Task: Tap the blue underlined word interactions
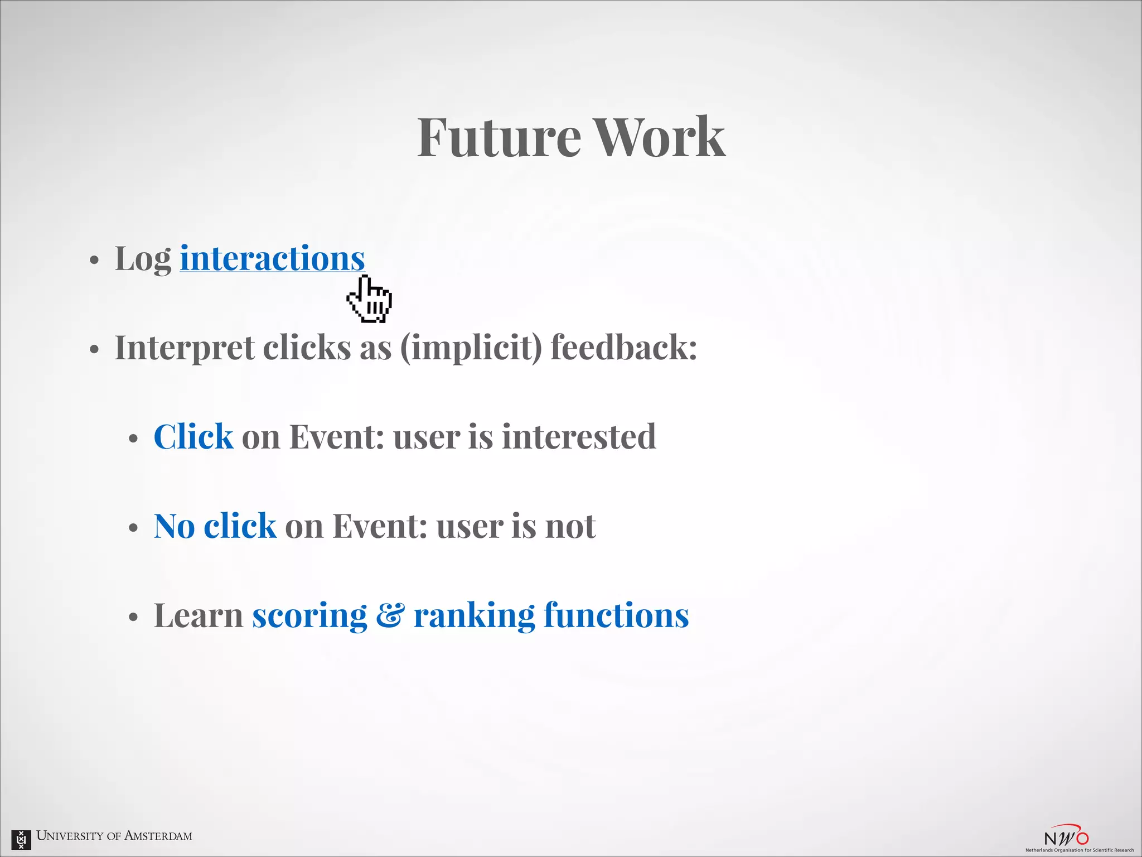(272, 259)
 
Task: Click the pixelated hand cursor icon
(370, 300)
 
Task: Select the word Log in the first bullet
(143, 260)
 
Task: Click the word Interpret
(185, 348)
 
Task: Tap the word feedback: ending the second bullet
(623, 347)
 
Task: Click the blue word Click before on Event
(193, 436)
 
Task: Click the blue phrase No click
(215, 526)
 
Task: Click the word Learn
(198, 615)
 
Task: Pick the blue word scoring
(309, 616)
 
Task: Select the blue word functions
(616, 615)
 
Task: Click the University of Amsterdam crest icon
(21, 839)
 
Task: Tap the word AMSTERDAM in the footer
(158, 836)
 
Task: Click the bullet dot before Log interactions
(94, 261)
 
